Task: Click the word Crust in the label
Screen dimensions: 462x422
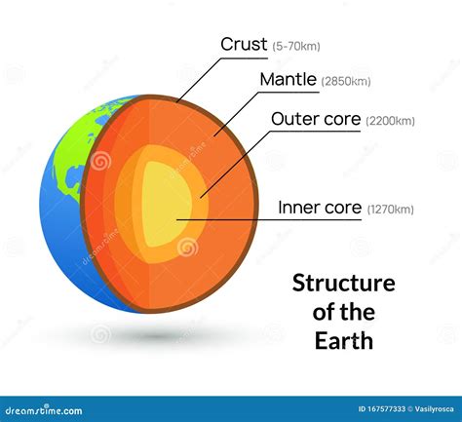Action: coord(244,44)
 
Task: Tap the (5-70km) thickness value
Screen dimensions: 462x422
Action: coord(296,46)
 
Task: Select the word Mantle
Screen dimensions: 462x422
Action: coord(289,79)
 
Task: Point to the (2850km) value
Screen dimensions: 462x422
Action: coord(346,81)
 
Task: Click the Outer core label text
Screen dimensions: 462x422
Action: coord(316,119)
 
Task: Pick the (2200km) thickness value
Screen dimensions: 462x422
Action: coord(391,121)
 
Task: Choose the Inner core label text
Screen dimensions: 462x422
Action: coord(320,208)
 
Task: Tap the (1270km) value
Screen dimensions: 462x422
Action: coord(391,210)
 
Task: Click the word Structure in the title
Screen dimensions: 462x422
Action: coord(344,284)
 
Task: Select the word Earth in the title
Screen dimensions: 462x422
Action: coord(344,341)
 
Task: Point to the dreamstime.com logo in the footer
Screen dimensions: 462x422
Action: coord(44,410)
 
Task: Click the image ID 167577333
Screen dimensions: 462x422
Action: coord(382,409)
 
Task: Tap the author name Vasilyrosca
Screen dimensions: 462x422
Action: coord(434,409)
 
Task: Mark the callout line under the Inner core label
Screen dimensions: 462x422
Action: coord(269,220)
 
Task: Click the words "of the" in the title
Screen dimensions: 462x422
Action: coord(344,312)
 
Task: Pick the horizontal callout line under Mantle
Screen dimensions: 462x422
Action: coord(289,93)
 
